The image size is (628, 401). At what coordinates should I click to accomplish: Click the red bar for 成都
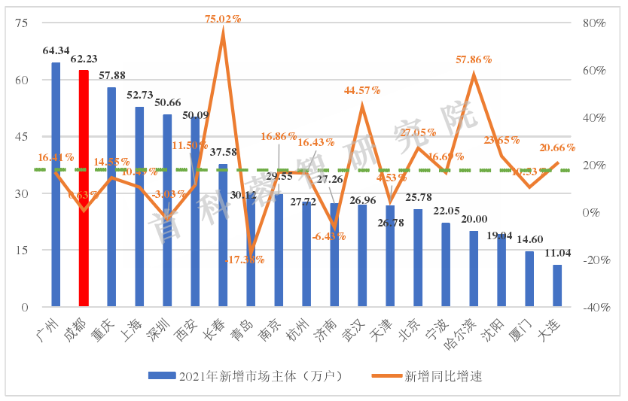pyautogui.click(x=84, y=188)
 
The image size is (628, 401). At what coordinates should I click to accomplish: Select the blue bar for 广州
pyautogui.click(x=56, y=184)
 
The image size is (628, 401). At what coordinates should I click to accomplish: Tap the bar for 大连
pyautogui.click(x=557, y=286)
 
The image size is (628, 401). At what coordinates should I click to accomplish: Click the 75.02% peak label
pyautogui.click(x=223, y=19)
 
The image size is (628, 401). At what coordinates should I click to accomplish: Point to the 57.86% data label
pyautogui.click(x=474, y=59)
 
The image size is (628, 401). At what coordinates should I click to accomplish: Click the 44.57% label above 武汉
pyautogui.click(x=362, y=90)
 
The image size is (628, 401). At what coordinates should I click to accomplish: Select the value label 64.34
pyautogui.click(x=56, y=51)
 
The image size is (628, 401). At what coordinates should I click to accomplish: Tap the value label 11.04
pyautogui.click(x=557, y=254)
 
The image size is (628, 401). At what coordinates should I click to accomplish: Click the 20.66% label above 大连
pyautogui.click(x=557, y=147)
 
